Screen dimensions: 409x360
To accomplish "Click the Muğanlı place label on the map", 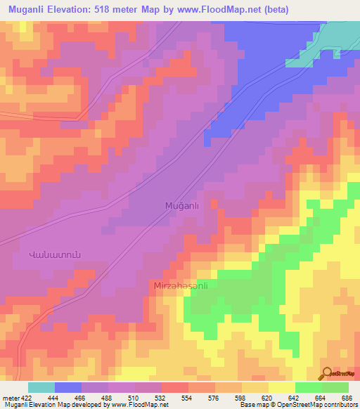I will point(179,206).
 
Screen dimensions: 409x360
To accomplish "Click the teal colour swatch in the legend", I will point(41,387).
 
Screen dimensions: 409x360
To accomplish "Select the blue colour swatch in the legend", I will point(68,387).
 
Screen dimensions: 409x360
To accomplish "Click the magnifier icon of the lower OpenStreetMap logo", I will point(326,372).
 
